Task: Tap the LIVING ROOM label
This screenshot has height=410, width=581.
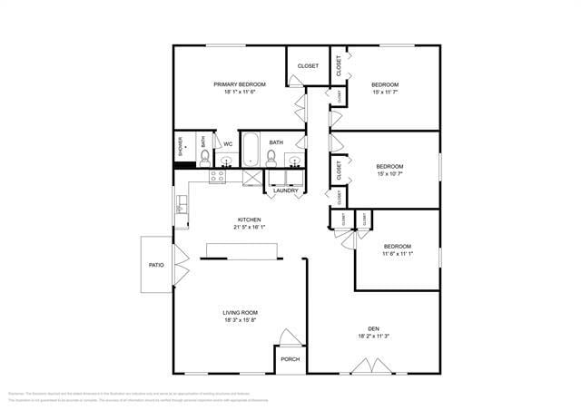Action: (241, 312)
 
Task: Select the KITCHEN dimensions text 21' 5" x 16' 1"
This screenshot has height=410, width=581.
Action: (250, 228)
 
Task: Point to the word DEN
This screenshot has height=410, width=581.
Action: (372, 328)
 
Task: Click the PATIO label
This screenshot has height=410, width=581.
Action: (156, 265)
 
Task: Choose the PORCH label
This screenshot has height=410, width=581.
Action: (290, 359)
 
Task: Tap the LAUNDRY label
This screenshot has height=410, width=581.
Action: (286, 190)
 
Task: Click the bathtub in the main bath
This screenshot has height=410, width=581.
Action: (251, 150)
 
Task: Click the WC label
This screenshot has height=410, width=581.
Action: (228, 143)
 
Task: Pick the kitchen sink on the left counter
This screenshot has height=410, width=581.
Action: (182, 208)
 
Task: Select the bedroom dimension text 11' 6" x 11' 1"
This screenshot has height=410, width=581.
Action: (397, 255)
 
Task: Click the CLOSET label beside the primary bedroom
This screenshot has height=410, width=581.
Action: (308, 65)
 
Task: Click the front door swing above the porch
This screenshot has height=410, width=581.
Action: (289, 337)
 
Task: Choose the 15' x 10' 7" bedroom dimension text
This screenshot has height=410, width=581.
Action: (389, 174)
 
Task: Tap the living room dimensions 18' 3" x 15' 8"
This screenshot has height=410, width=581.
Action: (241, 320)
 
